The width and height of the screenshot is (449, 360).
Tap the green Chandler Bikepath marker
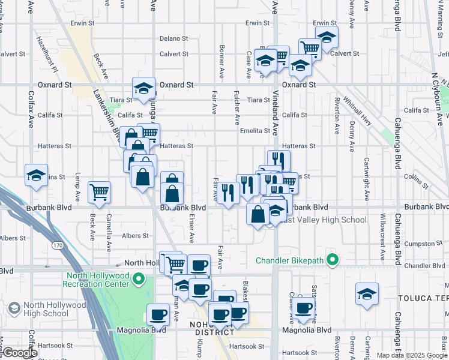coord(331,260)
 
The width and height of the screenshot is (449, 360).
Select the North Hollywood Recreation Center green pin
coord(139,279)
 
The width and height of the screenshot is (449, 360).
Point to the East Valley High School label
coord(327,220)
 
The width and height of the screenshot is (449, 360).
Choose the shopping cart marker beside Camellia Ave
coord(99,193)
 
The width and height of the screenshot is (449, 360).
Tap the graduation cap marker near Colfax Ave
coord(36,175)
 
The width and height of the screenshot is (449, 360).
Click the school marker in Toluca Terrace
coord(367,294)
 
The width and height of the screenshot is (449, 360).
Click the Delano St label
coord(174,38)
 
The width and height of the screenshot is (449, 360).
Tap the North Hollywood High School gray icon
coord(14,308)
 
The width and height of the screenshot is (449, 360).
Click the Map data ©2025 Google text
coord(411,355)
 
